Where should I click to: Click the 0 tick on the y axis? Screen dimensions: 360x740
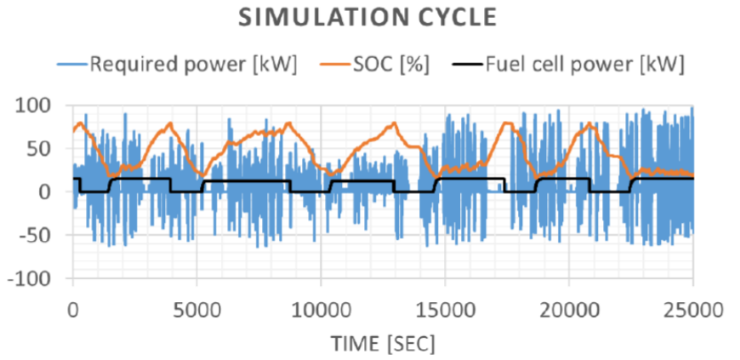point(48,192)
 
